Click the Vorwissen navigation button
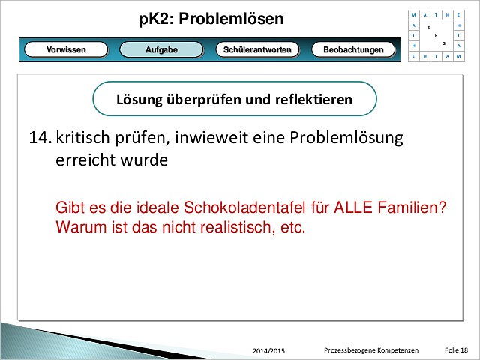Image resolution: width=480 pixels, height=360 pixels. pos(66,49)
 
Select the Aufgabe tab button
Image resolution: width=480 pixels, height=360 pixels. pos(161,49)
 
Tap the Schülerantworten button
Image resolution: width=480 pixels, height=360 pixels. pos(257,49)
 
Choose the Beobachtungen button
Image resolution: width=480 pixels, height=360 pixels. pos(353,49)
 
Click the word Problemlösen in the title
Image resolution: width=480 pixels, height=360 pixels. pos(231,19)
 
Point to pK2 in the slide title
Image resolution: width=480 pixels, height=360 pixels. pos(156,19)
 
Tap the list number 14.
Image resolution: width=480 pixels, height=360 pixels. pos(39,137)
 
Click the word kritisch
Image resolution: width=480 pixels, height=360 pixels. pos(82,137)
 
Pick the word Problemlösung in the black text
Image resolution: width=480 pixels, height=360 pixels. pos(346,138)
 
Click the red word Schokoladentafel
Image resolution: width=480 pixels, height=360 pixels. pos(244,208)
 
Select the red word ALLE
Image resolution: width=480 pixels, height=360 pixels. pos(353,208)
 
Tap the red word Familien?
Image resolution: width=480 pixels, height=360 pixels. pos(412,208)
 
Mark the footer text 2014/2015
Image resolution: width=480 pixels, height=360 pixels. pos(268,351)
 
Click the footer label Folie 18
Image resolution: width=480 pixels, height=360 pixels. pos(456,350)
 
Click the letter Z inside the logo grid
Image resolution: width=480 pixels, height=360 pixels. pos(428,28)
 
